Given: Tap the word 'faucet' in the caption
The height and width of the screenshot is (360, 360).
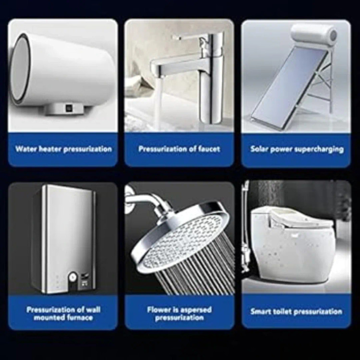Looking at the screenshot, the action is (208, 149).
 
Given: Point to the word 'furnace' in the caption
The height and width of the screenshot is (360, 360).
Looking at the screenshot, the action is (80, 318).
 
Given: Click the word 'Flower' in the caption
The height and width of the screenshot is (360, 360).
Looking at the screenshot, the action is (158, 310).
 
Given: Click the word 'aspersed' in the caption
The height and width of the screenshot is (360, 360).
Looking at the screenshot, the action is (196, 310).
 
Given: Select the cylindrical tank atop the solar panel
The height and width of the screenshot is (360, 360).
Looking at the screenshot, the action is (314, 34).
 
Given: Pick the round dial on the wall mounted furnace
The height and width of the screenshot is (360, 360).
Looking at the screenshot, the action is (72, 277).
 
